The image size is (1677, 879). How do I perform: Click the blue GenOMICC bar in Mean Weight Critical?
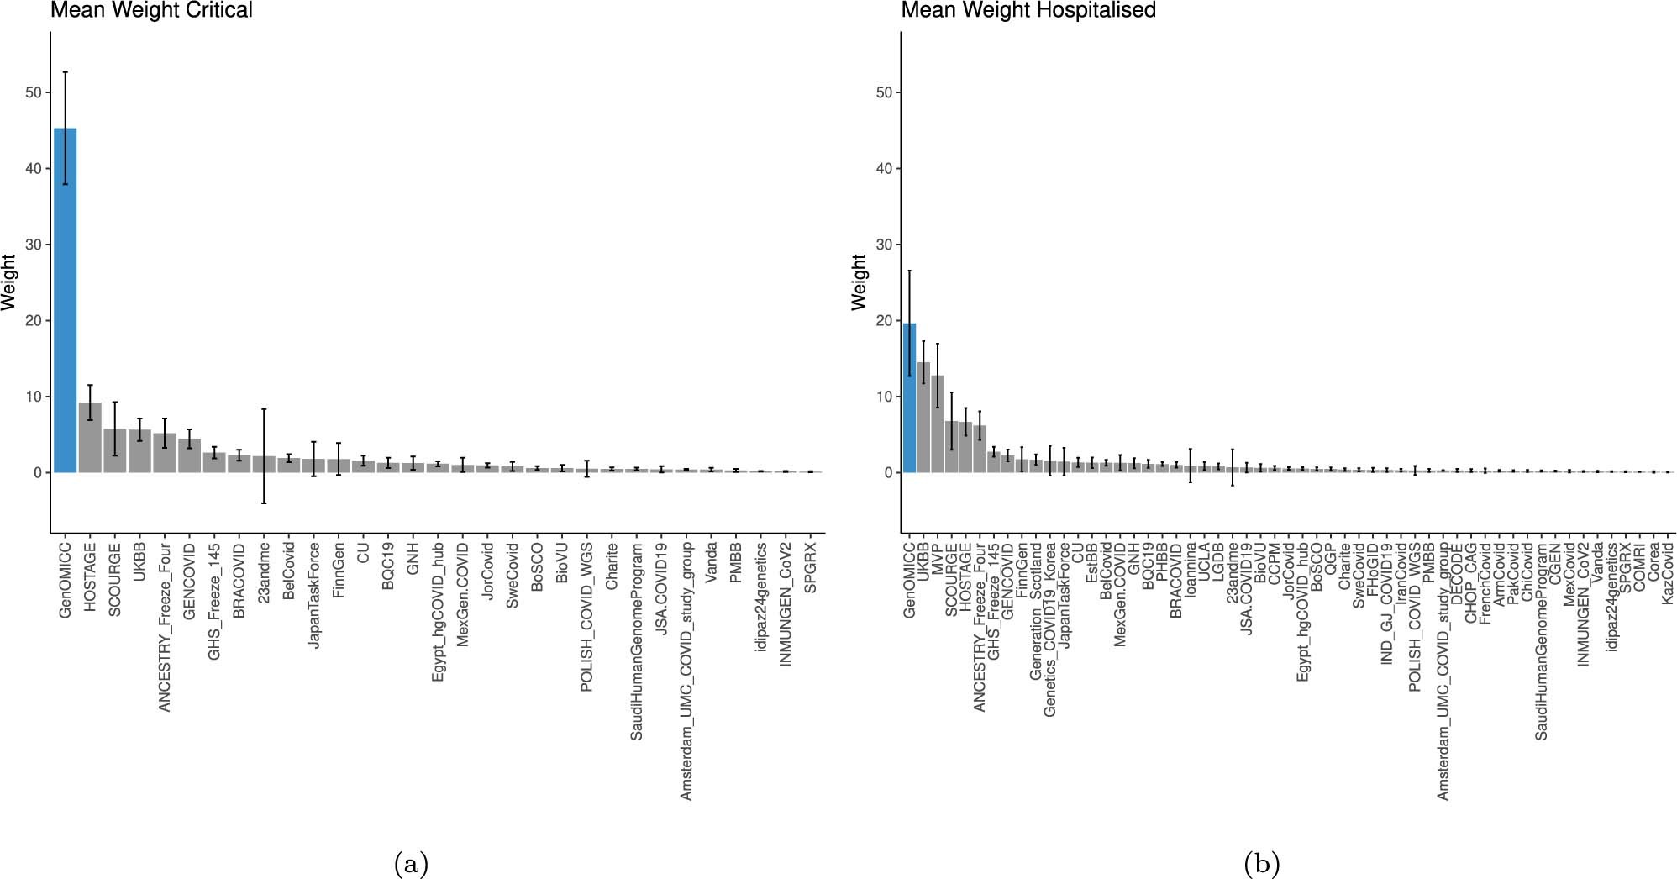(66, 303)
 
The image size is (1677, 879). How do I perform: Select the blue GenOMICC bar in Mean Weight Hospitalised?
(909, 399)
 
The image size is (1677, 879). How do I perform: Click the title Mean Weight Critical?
(151, 10)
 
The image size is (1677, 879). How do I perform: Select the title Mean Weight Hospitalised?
(1028, 10)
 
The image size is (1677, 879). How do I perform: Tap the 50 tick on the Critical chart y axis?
(34, 92)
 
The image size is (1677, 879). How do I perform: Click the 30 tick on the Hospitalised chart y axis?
(884, 245)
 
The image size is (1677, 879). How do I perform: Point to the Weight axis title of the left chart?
(9, 282)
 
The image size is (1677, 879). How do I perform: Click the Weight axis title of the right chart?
(859, 282)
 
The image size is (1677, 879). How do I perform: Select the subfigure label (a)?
(411, 863)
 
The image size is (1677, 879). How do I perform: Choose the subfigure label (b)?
(1261, 863)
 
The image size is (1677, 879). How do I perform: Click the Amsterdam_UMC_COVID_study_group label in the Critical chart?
(686, 671)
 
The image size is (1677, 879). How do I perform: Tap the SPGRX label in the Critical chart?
(811, 568)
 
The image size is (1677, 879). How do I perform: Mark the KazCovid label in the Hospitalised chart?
(1668, 572)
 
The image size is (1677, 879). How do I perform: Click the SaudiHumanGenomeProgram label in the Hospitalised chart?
(1541, 641)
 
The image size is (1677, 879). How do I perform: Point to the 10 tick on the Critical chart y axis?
(34, 397)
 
